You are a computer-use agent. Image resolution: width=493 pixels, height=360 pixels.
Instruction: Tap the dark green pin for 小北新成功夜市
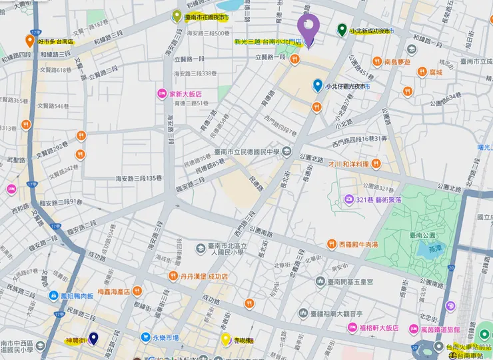tap(342, 30)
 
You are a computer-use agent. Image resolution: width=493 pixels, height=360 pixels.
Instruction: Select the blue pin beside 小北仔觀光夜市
tap(318, 85)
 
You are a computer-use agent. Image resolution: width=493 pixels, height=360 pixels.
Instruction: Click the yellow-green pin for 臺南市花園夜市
tap(177, 16)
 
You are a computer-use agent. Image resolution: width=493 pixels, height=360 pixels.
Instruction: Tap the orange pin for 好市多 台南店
tap(30, 41)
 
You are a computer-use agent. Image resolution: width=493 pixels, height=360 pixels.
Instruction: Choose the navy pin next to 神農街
tap(93, 339)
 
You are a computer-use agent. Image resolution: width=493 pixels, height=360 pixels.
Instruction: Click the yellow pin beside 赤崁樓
tap(226, 339)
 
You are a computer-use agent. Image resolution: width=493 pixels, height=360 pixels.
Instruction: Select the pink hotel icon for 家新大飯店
tap(161, 94)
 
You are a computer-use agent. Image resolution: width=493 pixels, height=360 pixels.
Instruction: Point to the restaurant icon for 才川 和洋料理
tap(376, 163)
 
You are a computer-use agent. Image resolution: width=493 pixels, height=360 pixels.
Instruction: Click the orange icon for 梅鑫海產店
tap(137, 291)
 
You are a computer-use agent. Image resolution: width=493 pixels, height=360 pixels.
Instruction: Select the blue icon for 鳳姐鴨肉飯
tap(52, 295)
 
